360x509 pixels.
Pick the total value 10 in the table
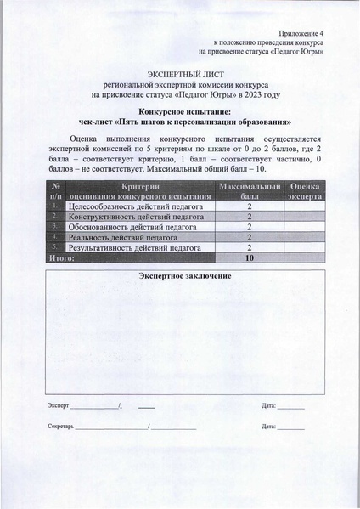250,259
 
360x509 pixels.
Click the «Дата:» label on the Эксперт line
270,405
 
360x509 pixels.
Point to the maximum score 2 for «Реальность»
250,239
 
